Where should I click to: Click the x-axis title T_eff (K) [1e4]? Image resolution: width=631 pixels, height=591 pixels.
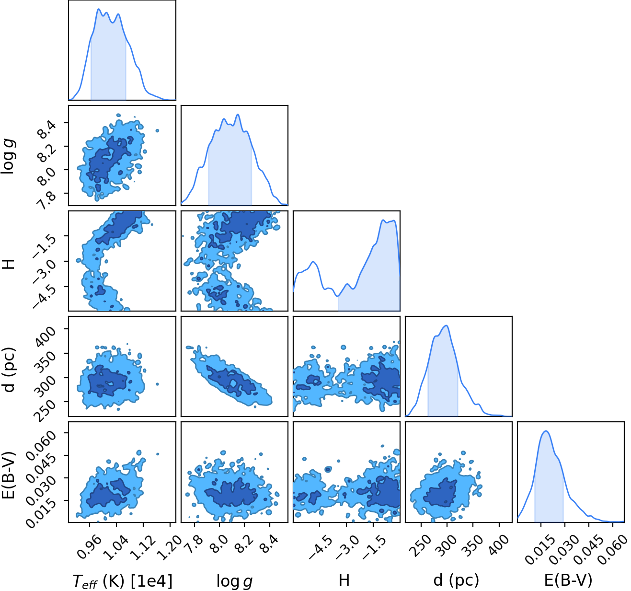[123, 580]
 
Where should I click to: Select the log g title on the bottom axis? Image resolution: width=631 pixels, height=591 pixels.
[234, 581]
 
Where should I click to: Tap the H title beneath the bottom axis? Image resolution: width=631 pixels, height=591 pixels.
[344, 580]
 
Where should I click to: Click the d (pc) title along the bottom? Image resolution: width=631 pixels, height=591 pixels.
[456, 580]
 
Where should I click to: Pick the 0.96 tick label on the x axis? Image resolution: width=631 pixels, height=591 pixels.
[90, 546]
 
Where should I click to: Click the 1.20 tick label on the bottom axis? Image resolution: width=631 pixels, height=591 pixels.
[170, 546]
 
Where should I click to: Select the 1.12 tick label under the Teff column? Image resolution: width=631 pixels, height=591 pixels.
[143, 546]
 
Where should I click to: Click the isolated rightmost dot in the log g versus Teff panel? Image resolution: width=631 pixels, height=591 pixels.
[157, 131]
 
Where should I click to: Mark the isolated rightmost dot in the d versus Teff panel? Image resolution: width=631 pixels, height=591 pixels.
[157, 384]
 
